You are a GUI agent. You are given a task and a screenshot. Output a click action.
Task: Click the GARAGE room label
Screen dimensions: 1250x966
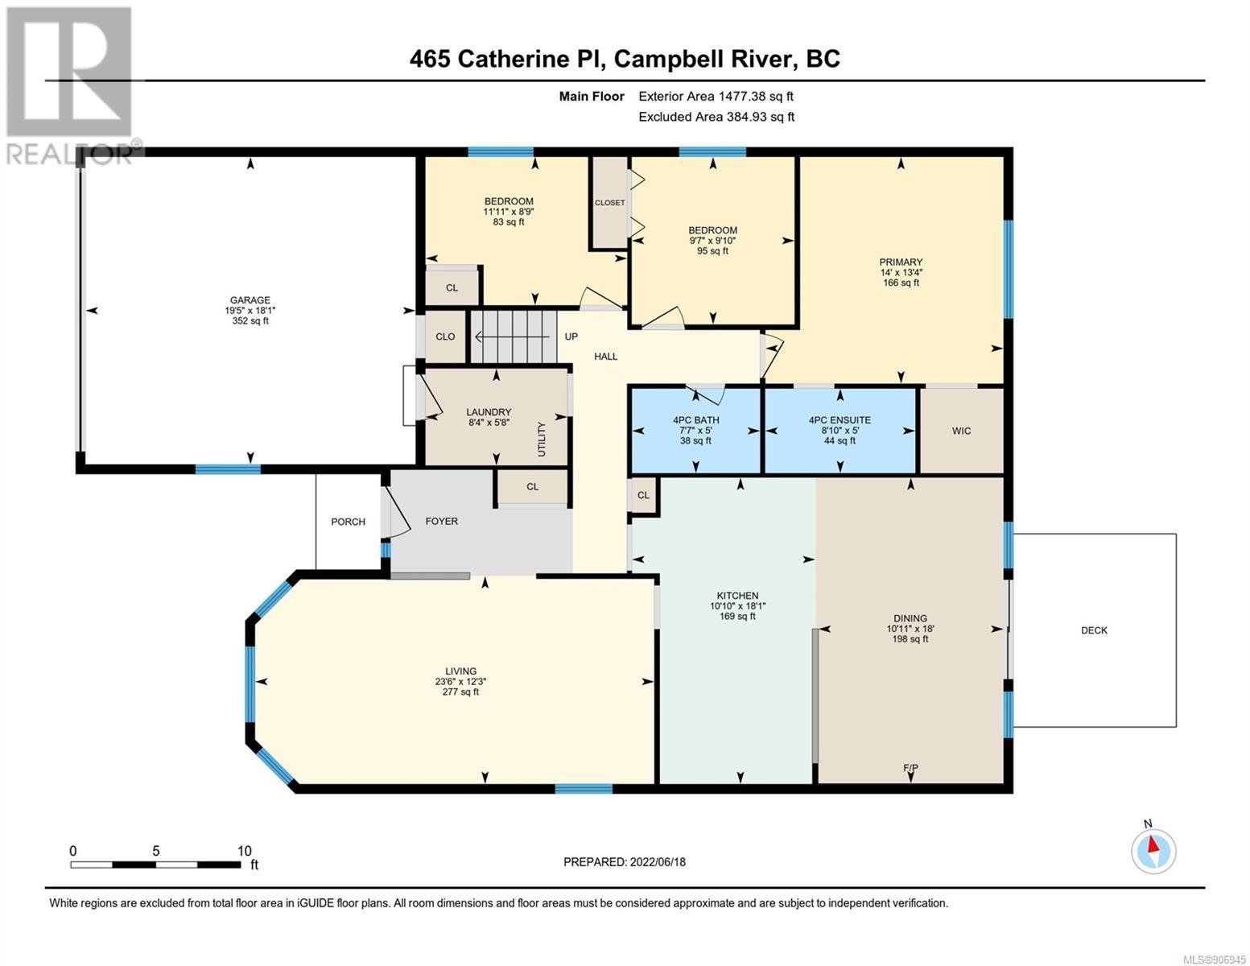[x=250, y=299]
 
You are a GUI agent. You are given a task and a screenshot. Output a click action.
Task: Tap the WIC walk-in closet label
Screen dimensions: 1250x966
[x=961, y=431]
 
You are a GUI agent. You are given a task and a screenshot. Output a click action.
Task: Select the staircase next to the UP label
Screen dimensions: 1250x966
[x=514, y=336]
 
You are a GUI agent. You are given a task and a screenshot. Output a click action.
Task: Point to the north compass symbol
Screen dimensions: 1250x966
[x=1153, y=850]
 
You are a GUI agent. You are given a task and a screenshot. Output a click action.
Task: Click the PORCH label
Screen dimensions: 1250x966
[x=348, y=522]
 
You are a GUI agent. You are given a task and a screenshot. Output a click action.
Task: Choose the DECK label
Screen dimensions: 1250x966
[x=1094, y=630]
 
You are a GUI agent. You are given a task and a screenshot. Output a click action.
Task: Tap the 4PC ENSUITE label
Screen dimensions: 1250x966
[x=840, y=420]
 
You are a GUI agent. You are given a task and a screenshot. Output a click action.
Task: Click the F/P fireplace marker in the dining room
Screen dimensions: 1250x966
[x=910, y=767]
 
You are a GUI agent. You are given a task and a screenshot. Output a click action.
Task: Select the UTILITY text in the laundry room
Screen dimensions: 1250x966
[x=542, y=439]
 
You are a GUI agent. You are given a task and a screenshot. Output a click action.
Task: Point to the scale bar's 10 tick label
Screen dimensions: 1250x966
[x=245, y=850]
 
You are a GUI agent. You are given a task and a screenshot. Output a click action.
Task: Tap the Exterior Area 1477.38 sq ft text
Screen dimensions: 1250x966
[x=716, y=97]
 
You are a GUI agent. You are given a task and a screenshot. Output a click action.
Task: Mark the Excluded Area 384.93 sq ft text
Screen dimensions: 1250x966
[x=716, y=117]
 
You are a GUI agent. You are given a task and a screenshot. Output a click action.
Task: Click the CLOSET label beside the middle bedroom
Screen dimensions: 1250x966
[x=610, y=203]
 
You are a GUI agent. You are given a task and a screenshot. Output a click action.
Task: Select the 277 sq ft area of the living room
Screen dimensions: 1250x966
[x=460, y=691]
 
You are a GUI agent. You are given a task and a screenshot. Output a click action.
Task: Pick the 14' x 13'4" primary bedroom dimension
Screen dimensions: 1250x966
[x=901, y=273]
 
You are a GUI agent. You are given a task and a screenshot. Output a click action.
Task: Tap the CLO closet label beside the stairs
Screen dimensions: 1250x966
[x=445, y=336]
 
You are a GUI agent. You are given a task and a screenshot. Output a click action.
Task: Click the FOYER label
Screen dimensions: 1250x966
[x=442, y=522]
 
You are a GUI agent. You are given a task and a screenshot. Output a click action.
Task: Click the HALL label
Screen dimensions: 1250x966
[x=606, y=357]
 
